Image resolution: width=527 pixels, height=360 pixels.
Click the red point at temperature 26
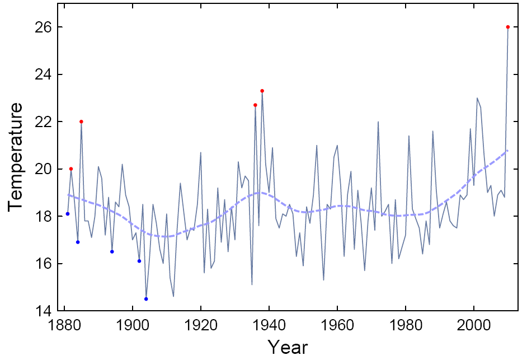pyautogui.click(x=508, y=27)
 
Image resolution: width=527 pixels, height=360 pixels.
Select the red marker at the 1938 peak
pyautogui.click(x=262, y=91)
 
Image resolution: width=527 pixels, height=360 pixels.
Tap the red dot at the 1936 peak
pyautogui.click(x=255, y=105)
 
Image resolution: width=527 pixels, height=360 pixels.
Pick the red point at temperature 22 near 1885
pyautogui.click(x=81, y=121)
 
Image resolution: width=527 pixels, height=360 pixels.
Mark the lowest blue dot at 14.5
pyautogui.click(x=146, y=299)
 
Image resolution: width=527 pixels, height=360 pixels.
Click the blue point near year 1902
pyautogui.click(x=139, y=261)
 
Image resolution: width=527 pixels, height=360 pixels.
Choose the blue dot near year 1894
pyautogui.click(x=112, y=251)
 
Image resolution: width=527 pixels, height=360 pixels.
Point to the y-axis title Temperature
pyautogui.click(x=17, y=157)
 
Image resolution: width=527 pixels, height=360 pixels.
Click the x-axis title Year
pyautogui.click(x=287, y=347)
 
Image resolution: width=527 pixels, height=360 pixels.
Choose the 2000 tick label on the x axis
pyautogui.click(x=474, y=325)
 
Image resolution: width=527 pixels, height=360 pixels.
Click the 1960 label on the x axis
pyautogui.click(x=337, y=325)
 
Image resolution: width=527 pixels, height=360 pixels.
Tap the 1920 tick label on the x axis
pyautogui.click(x=201, y=325)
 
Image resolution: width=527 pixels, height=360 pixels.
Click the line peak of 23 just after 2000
pyautogui.click(x=477, y=98)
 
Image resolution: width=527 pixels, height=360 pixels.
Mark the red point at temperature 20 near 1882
pyautogui.click(x=71, y=169)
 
